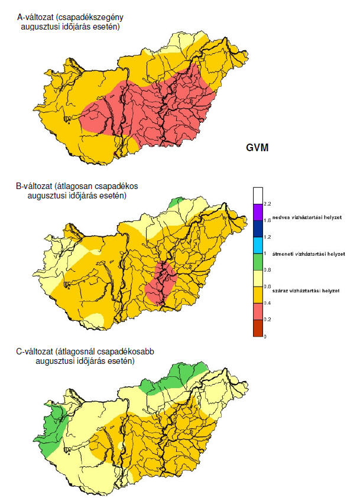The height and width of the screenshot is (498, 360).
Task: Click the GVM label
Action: (x=257, y=148)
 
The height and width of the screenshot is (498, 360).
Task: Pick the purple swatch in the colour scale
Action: (x=257, y=212)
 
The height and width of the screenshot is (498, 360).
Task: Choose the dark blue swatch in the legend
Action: (x=257, y=229)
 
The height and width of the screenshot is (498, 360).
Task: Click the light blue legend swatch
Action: (x=257, y=245)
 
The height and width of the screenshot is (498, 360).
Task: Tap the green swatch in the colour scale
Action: (x=257, y=262)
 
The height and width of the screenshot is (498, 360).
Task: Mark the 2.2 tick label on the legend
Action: (x=267, y=204)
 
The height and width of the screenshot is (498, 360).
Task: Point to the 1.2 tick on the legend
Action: (x=267, y=237)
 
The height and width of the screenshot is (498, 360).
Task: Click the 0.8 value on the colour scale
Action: (x=267, y=270)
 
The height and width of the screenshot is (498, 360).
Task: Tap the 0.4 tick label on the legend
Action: (x=267, y=303)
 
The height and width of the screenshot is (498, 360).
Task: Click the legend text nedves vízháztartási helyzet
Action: (x=308, y=218)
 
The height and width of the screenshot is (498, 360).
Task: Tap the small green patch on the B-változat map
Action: (x=176, y=203)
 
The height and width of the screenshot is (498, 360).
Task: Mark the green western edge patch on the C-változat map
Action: (x=56, y=421)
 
